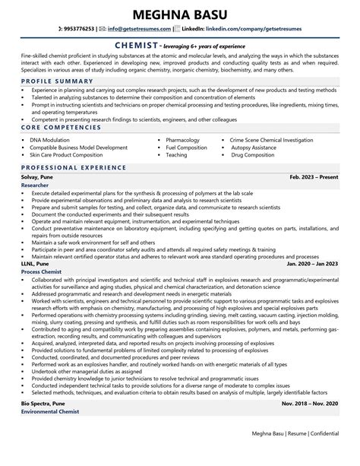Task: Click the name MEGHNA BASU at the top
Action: pyautogui.click(x=180, y=14)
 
